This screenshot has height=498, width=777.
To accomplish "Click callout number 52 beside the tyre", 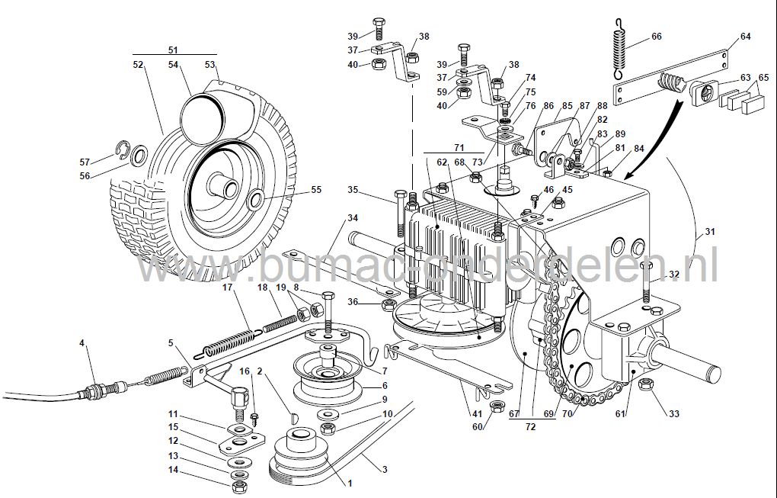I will (138, 66).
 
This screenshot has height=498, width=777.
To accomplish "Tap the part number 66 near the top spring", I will (656, 36).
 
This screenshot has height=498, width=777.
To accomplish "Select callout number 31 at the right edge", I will (709, 233).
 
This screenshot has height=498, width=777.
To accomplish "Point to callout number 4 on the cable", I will (82, 342).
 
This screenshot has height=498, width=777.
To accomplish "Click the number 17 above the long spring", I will (227, 288).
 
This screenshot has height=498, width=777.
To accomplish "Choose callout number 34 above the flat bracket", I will (351, 218).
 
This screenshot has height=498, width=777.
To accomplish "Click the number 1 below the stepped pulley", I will (350, 483).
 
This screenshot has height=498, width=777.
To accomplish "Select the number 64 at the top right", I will (745, 37).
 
